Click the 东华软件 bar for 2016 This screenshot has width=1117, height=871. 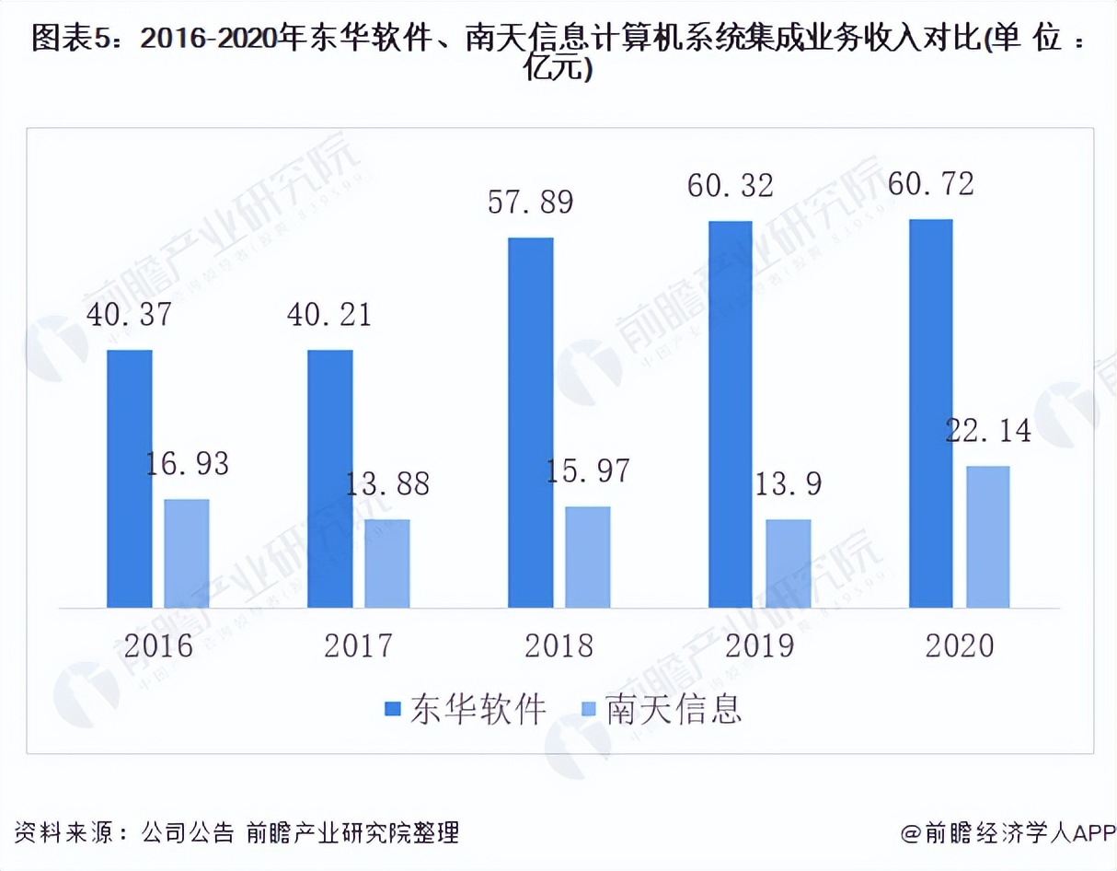tap(130, 479)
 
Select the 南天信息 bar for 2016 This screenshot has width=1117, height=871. tap(187, 553)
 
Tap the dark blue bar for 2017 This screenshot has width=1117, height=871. tap(330, 479)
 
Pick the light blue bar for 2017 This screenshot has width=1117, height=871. tap(387, 563)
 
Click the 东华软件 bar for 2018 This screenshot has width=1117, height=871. tap(531, 423)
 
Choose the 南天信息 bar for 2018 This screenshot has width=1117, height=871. tap(588, 557)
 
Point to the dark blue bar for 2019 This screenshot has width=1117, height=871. tap(731, 414)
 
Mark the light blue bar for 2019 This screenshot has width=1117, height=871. tap(789, 563)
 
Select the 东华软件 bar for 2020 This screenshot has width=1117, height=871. tap(930, 413)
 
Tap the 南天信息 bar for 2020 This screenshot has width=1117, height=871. tap(987, 537)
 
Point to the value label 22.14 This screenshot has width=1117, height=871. tap(988, 431)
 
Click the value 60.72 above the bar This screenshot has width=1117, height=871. tap(931, 183)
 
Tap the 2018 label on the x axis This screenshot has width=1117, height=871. tap(559, 645)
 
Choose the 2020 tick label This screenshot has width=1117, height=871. tap(960, 645)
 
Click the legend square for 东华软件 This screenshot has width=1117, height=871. tap(393, 709)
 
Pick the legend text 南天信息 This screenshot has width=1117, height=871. tap(674, 709)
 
